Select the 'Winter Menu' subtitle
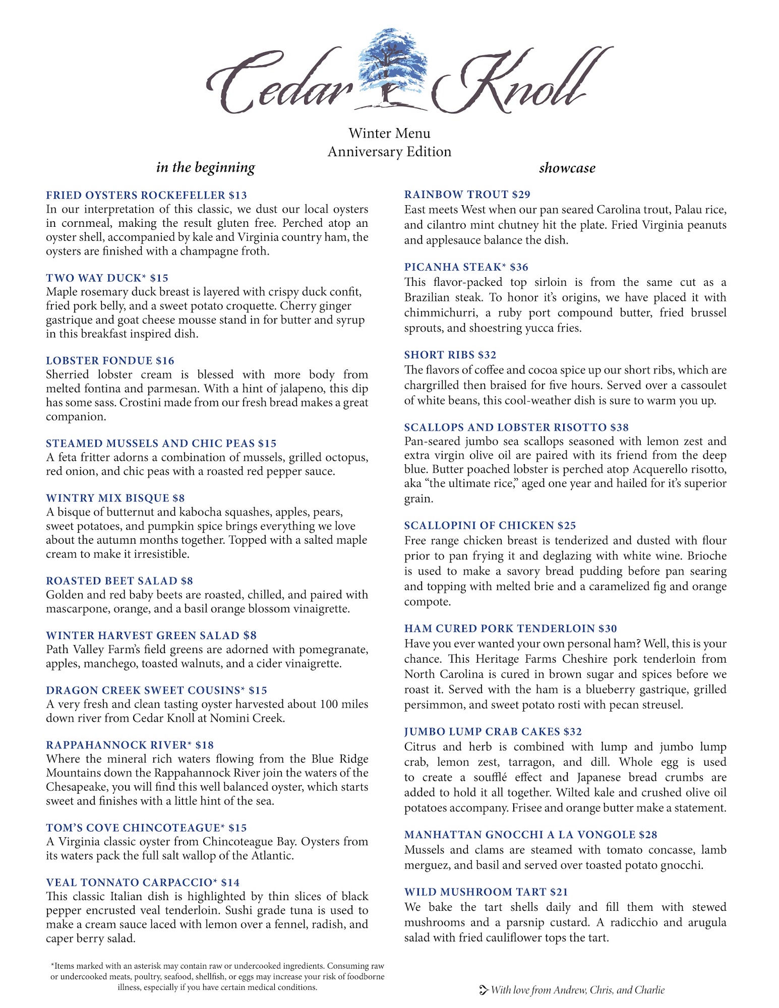[x=389, y=134]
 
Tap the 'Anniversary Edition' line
[x=389, y=152]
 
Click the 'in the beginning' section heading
[x=205, y=167]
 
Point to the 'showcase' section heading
[x=567, y=168]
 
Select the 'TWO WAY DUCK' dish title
[x=93, y=278]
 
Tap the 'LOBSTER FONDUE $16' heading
[x=110, y=361]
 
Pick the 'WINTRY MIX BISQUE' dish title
[x=107, y=498]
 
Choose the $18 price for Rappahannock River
[x=205, y=745]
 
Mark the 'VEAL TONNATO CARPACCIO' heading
[x=129, y=883]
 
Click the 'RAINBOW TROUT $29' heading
[x=467, y=195]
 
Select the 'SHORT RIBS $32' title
[x=450, y=355]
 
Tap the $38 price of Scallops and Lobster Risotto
[x=619, y=428]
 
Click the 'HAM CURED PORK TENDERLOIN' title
[x=500, y=629]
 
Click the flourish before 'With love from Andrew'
[x=484, y=990]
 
